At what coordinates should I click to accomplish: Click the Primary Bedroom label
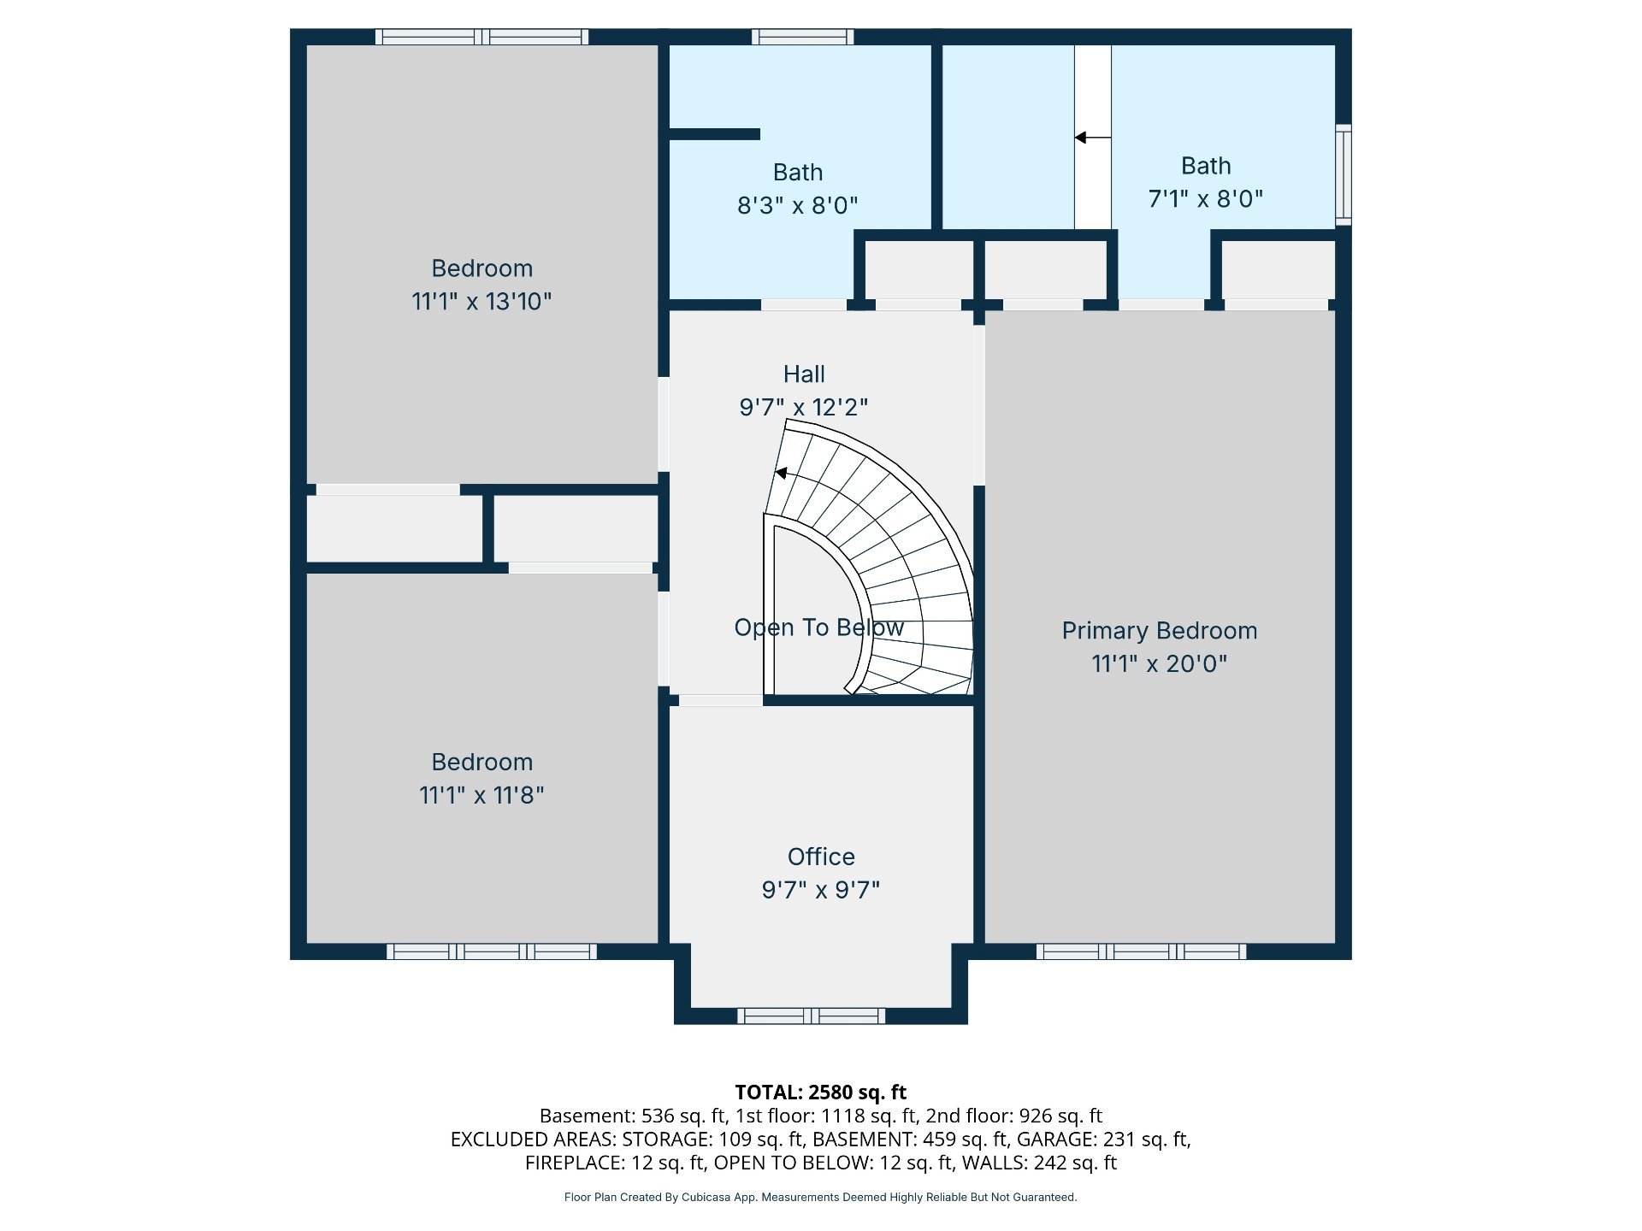tap(1159, 631)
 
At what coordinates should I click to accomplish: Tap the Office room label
tap(821, 857)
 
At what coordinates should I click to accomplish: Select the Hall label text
tap(804, 374)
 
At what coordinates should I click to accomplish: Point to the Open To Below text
tap(818, 627)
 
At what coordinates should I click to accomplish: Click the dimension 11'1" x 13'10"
tap(481, 301)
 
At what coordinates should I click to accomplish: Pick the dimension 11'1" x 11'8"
tap(481, 795)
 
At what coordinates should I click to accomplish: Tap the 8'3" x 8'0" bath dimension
tap(797, 205)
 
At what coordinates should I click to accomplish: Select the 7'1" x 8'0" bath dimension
tap(1206, 198)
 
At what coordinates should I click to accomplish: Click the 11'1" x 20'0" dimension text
tap(1159, 663)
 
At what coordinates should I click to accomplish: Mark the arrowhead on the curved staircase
tap(780, 473)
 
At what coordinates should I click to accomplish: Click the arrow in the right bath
tap(1093, 137)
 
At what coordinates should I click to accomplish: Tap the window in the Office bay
tap(812, 1016)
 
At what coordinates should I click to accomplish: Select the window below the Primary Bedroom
tap(1141, 951)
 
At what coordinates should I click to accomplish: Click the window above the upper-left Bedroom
tap(482, 37)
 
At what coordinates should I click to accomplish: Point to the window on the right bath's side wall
tap(1344, 175)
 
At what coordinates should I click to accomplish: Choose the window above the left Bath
tap(802, 37)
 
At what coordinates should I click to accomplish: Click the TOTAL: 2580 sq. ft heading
tap(821, 1092)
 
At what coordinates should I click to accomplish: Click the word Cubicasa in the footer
tap(706, 1197)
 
